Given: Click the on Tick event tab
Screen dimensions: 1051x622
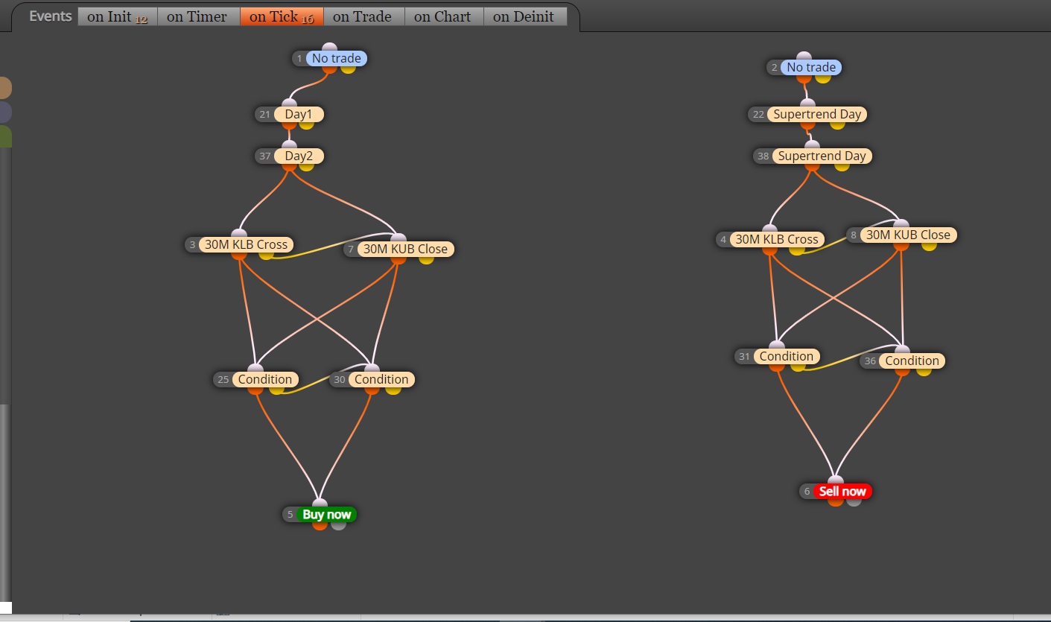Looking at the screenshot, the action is [282, 16].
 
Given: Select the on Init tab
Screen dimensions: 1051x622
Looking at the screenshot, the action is [117, 16].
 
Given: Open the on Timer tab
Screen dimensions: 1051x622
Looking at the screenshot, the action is [198, 16].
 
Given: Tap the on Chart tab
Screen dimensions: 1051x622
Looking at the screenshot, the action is [444, 16].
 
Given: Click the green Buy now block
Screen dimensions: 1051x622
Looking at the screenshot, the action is [326, 515].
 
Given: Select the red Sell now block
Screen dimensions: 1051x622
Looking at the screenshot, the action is [842, 491].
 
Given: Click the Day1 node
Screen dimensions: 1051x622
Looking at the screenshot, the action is [299, 114].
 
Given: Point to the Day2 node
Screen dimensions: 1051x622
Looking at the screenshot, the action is [299, 156].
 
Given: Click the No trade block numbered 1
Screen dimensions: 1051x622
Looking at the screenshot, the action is [337, 58].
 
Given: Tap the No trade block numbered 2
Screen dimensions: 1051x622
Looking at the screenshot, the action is [810, 67].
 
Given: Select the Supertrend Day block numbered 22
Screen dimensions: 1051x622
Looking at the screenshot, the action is [817, 114].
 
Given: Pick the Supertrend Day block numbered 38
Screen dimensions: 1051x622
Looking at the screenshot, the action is [822, 156].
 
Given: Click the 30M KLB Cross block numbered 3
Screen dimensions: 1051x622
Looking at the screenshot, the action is [246, 244].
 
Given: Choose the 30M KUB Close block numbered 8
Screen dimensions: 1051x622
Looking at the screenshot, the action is [908, 235].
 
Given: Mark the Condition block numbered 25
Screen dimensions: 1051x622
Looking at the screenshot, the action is [264, 379].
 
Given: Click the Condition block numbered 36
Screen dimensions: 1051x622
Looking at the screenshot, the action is [912, 361].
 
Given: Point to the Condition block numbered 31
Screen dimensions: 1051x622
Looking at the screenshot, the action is [787, 356].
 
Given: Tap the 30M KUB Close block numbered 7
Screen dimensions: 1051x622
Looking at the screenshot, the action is [405, 249].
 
